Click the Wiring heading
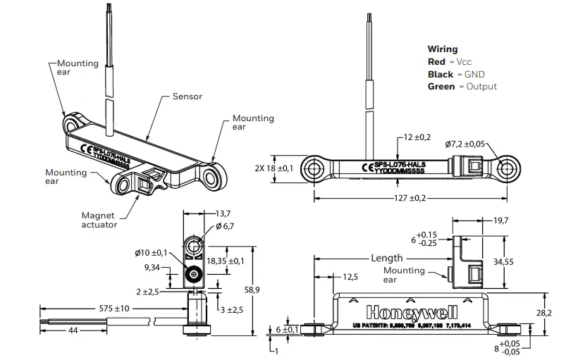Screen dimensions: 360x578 point(442,49)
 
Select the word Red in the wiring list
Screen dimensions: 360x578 point(436,62)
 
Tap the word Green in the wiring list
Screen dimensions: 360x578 point(441,87)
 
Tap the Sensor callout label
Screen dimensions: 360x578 point(187,96)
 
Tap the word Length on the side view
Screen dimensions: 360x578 point(387,258)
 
